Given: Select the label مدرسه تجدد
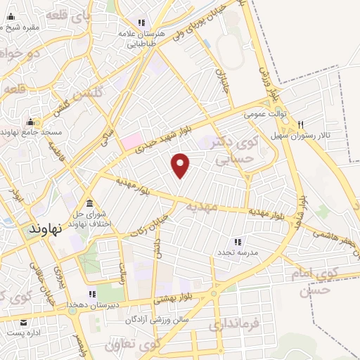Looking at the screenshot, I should click(x=239, y=252).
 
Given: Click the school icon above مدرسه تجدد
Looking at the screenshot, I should click(x=238, y=241).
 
